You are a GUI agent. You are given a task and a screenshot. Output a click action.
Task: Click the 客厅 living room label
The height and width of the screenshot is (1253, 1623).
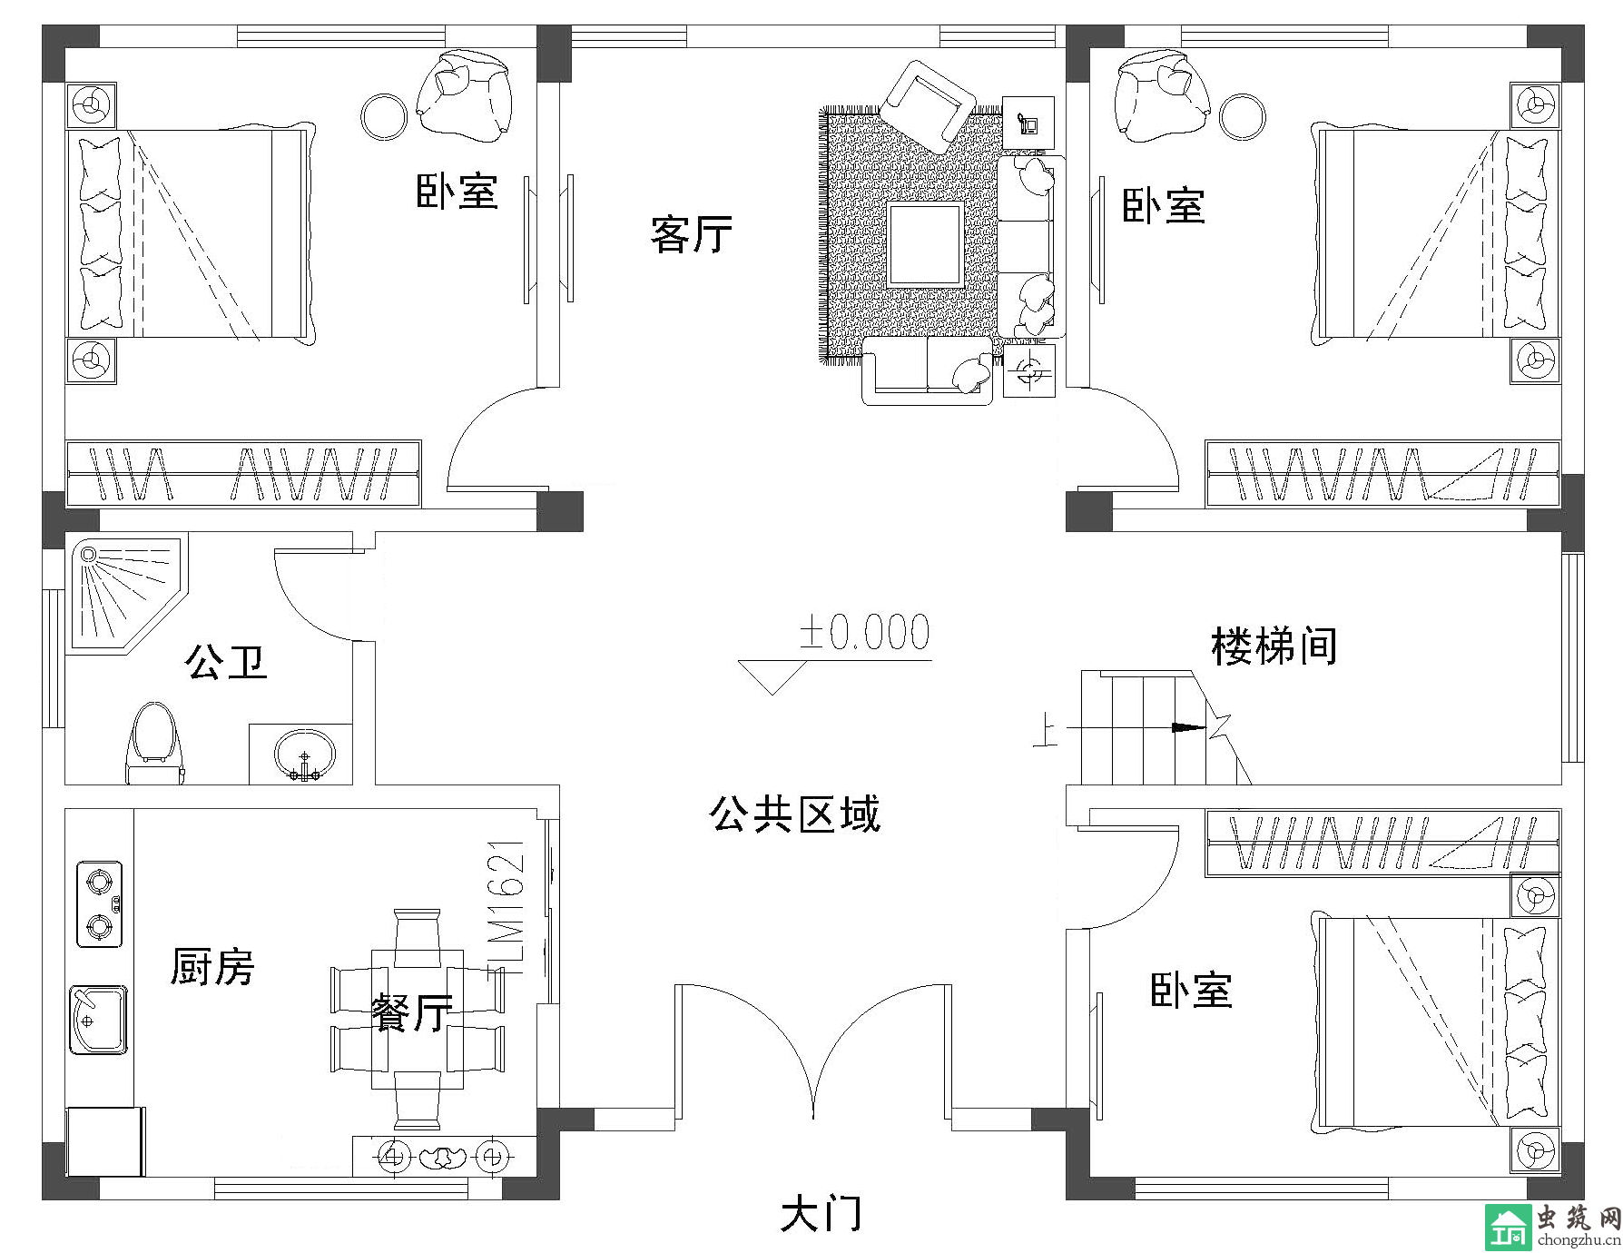click(692, 234)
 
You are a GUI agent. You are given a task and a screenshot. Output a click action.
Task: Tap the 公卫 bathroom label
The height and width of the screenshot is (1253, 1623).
click(226, 661)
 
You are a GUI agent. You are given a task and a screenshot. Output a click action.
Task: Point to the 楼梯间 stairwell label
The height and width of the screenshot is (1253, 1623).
click(1274, 646)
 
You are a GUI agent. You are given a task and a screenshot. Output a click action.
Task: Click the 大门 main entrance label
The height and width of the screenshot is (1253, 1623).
click(821, 1215)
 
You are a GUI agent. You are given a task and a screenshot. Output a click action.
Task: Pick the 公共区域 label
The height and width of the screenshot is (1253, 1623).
click(794, 814)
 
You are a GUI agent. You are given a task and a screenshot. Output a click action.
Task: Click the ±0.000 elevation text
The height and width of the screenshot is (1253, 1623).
click(864, 633)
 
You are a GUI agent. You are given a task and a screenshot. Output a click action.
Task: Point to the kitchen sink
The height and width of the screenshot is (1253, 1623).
click(98, 1020)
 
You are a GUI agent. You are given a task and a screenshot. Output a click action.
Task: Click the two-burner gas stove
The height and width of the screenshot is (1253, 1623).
click(100, 903)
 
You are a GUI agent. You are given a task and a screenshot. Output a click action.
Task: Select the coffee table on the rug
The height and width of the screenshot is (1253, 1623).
click(925, 245)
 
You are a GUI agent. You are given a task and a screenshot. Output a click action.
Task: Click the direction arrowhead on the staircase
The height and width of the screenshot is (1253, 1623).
click(1189, 727)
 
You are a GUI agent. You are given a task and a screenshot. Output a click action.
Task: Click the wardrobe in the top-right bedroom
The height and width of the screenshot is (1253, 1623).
click(1382, 473)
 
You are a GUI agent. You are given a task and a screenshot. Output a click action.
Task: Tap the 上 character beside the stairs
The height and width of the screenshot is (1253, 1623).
click(1046, 732)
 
